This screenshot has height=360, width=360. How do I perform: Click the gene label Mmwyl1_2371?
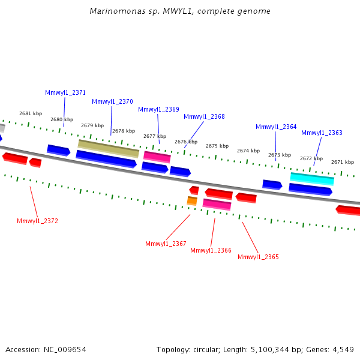pos(65,92)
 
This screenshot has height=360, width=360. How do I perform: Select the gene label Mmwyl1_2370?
pos(112,101)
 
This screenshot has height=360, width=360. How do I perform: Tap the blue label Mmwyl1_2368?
pos(204,116)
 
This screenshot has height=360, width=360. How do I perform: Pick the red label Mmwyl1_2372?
pos(37,221)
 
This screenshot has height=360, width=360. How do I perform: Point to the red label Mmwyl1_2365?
pos(258,257)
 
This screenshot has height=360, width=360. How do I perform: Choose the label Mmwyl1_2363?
pos(322,133)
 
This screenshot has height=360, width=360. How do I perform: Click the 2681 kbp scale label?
pos(31,113)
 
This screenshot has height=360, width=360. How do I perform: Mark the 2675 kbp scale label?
pos(217,146)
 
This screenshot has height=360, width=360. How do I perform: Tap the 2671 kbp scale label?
pos(343,162)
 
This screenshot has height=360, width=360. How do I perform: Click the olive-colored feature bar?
pos(109,149)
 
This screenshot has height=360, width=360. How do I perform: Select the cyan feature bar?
pos(312,179)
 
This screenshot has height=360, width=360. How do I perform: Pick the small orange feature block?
pos(192,201)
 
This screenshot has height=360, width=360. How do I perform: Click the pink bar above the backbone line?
pos(157,157)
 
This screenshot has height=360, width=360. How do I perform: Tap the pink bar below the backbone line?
pos(217,205)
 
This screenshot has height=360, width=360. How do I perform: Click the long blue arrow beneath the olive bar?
pos(106,159)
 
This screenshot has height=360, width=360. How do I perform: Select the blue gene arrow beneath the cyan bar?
pos(310,190)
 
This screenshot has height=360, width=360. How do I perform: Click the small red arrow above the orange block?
pos(194,190)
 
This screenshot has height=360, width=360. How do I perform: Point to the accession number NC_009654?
pos(65,350)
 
